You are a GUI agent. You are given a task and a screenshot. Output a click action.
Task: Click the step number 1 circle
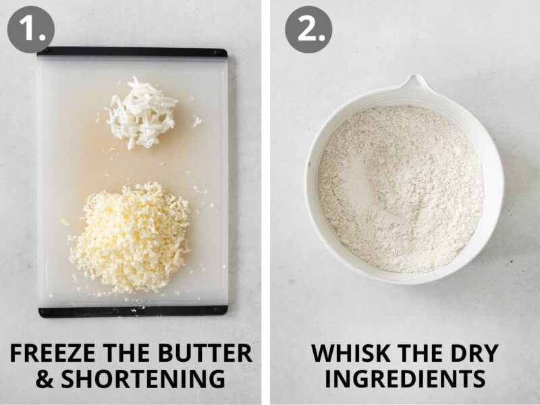click(30, 29)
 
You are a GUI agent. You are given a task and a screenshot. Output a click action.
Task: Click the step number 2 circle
click(308, 29)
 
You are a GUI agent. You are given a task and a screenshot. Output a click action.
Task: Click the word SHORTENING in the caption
click(143, 379)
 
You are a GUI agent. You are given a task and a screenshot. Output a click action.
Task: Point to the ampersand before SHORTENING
click(45, 379)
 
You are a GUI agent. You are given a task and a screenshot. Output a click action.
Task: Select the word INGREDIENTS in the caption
click(404, 379)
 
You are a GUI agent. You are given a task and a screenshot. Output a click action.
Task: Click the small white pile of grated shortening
click(142, 112)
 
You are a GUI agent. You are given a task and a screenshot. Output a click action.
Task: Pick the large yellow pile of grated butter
click(130, 236)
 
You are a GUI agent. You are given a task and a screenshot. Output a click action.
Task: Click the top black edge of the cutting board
click(132, 52)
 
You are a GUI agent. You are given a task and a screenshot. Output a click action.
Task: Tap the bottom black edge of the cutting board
click(132, 311)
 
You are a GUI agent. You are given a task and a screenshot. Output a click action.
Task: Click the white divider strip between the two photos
click(266, 202)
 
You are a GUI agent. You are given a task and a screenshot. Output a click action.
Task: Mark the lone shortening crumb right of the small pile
click(196, 121)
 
